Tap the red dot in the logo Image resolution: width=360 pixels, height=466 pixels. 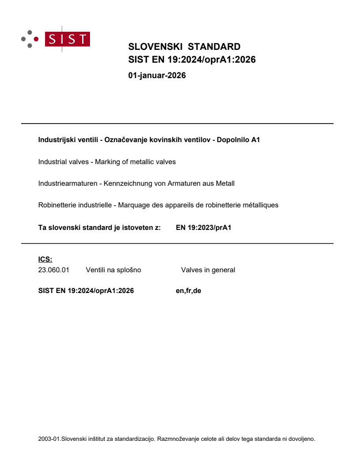click(36, 39)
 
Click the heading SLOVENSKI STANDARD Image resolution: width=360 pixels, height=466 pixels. click(184, 47)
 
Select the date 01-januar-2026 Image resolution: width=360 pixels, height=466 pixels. click(157, 75)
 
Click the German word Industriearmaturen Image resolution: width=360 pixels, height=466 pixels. click(67, 183)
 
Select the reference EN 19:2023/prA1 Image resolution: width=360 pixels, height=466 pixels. click(203, 228)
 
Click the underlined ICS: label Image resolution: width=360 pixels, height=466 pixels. click(45, 259)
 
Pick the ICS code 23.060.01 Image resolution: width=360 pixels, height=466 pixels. click(54, 270)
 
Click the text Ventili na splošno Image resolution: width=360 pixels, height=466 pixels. click(113, 270)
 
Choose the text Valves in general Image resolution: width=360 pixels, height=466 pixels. click(208, 270)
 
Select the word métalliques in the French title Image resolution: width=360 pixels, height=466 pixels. click(261, 205)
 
